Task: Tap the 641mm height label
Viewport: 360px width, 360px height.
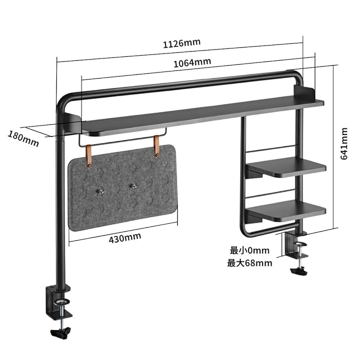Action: [x=343, y=143]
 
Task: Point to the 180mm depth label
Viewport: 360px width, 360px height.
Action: [x=23, y=138]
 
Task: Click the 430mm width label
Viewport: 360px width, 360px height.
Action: [x=124, y=237]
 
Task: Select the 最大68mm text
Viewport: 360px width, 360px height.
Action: [x=250, y=263]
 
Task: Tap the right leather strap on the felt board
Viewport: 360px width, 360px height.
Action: [x=157, y=148]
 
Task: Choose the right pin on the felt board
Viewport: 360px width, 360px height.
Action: [x=133, y=186]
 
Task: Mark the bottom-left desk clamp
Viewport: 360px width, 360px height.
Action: [x=58, y=301]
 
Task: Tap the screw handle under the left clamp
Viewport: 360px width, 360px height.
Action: [x=61, y=332]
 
